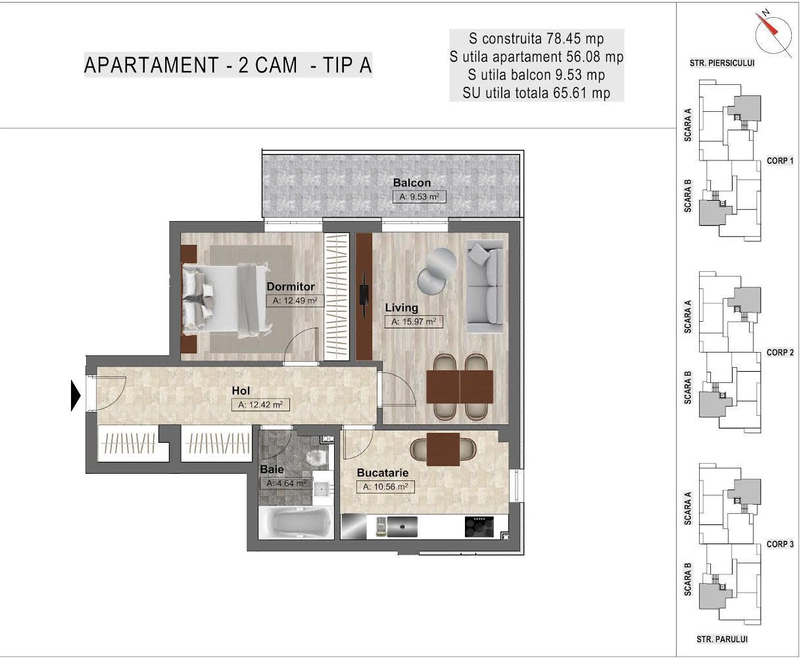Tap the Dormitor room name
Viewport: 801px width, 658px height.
tap(290, 287)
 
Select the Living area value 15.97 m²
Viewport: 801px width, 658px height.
tap(413, 322)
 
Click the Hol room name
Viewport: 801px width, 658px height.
tap(241, 391)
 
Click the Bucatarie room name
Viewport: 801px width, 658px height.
tap(383, 472)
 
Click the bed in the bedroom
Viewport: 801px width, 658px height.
tap(227, 297)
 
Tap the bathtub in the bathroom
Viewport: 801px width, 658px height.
tap(295, 523)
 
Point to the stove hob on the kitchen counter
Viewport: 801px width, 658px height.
tap(479, 526)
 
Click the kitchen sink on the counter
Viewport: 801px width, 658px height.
tap(402, 526)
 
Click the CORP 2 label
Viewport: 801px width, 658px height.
tap(780, 353)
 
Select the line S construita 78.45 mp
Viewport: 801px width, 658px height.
tap(536, 38)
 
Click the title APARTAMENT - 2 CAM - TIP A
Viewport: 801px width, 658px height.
tap(228, 65)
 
